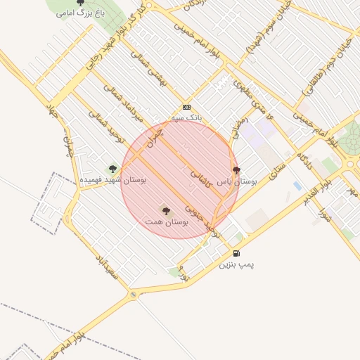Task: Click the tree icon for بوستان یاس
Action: pos(236,170)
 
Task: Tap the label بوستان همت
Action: pos(167,221)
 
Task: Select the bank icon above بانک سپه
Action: pos(186,107)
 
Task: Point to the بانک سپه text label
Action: pos(186,118)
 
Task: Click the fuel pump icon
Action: pos(236,253)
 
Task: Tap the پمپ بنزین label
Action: pos(236,264)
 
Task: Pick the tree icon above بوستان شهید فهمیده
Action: pos(112,169)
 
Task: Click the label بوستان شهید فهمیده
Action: pos(112,181)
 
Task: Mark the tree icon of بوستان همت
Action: pos(166,210)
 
